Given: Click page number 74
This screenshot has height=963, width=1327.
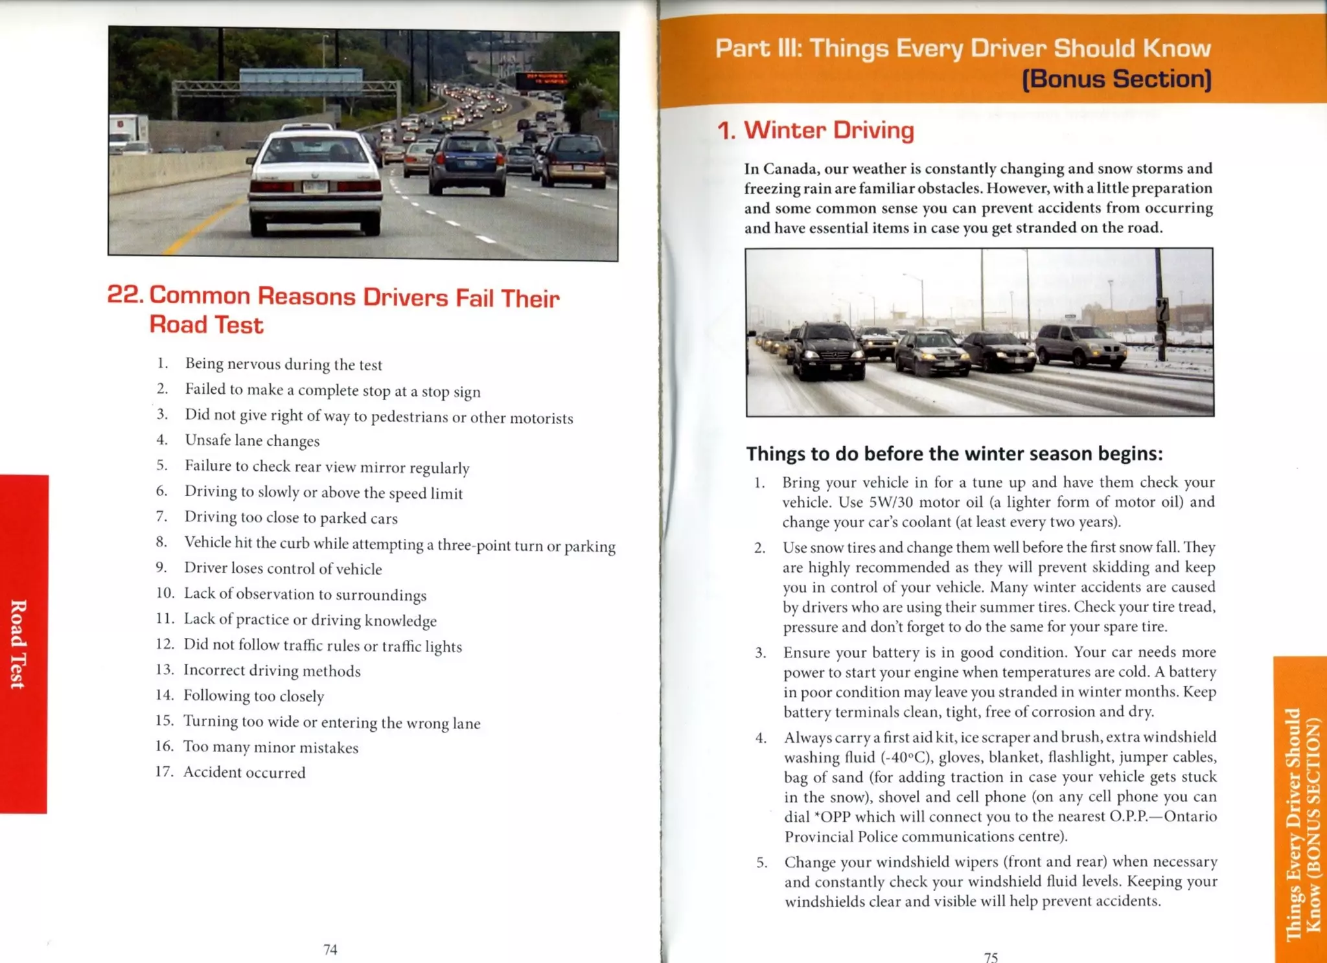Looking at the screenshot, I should [330, 949].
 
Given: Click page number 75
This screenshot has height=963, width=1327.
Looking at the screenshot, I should [991, 957].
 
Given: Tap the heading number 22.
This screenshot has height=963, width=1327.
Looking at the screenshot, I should [125, 294].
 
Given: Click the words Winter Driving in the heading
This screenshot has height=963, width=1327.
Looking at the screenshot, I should [829, 130].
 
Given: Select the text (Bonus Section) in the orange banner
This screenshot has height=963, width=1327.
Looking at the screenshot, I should [1116, 79].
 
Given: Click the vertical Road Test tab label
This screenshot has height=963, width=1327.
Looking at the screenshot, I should [19, 644].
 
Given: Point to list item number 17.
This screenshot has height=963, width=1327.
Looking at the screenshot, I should [164, 771].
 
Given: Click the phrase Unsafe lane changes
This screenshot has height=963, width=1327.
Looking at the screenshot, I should [252, 440].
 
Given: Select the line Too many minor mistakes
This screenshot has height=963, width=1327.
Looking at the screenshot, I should [270, 747].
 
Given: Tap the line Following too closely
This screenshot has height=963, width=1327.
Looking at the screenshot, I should [253, 696].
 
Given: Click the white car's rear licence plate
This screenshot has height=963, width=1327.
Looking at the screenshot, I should [316, 187].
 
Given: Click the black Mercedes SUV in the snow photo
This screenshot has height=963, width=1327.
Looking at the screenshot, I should [827, 350].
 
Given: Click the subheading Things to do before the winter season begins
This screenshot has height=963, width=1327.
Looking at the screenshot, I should [954, 453].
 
